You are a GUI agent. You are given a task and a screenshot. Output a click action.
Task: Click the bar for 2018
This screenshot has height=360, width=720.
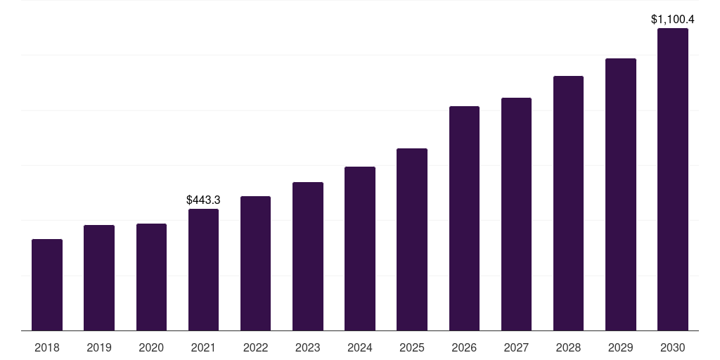tap(47, 285)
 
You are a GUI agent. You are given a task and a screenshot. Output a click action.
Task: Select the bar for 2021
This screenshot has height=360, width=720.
tap(203, 270)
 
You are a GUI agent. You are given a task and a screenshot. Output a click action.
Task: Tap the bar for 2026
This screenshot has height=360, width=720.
tap(464, 218)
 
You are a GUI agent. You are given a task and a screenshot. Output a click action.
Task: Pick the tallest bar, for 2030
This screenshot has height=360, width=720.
tap(672, 179)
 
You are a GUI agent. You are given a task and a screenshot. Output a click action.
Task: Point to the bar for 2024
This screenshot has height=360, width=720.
tap(360, 249)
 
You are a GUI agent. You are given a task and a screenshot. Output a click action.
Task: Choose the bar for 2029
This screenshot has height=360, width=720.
tap(620, 195)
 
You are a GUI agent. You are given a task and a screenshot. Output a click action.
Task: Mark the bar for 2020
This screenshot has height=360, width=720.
tap(151, 277)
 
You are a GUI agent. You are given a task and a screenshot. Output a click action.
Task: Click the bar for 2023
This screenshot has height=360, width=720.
tap(308, 257)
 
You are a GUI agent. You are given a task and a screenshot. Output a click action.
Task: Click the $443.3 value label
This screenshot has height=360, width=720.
tap(203, 200)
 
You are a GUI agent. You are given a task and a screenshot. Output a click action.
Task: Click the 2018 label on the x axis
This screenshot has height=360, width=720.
tap(47, 347)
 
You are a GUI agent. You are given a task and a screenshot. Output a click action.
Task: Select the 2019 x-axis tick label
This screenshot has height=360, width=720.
tap(99, 347)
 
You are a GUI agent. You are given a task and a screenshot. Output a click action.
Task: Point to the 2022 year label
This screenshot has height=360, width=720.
tap(255, 347)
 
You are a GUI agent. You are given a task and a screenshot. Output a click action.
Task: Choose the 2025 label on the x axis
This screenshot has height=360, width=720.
tap(412, 347)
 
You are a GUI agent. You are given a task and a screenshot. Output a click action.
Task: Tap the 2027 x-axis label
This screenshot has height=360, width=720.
tap(516, 347)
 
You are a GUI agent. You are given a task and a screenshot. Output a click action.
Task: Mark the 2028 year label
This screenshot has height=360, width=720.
tap(568, 347)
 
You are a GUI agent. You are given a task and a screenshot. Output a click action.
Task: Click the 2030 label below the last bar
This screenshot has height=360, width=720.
tap(672, 347)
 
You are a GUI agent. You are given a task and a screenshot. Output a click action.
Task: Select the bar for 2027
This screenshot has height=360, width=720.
tap(516, 214)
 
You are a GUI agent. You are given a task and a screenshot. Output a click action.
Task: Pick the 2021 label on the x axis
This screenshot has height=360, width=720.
tap(203, 347)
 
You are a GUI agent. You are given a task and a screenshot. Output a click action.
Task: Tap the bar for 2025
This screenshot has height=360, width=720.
tap(412, 239)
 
